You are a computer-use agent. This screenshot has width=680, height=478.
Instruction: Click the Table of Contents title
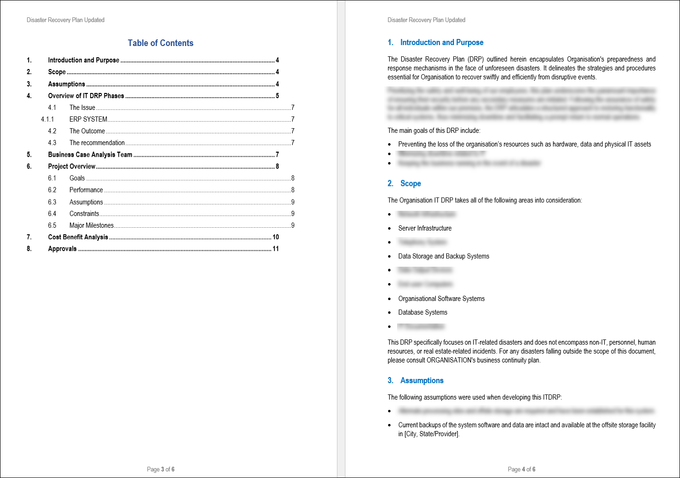tap(160, 43)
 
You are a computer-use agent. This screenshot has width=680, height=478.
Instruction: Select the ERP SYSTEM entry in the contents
tap(88, 119)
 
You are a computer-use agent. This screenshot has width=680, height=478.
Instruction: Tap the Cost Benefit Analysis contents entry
tap(78, 237)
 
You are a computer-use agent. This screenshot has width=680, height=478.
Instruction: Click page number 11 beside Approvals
tap(276, 249)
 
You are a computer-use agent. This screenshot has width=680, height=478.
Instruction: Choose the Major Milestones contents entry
tap(92, 225)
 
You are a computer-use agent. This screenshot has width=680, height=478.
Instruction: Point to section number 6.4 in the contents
tap(52, 214)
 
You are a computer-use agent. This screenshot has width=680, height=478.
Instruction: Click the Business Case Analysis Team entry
tap(90, 154)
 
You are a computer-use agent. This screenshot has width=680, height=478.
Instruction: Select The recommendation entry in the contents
tap(97, 143)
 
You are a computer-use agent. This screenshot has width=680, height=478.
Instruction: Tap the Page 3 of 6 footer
tap(161, 469)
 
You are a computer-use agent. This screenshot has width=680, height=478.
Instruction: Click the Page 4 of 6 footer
tap(522, 469)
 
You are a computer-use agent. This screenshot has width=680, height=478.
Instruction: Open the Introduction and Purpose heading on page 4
tap(442, 43)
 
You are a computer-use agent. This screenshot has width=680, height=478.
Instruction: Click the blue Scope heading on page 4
tap(410, 184)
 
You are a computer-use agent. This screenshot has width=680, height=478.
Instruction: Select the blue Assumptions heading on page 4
tap(422, 381)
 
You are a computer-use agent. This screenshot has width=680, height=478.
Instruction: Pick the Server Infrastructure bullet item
tap(425, 228)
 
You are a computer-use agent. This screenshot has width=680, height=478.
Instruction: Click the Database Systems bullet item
tap(422, 312)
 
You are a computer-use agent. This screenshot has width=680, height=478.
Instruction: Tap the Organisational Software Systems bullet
tap(441, 299)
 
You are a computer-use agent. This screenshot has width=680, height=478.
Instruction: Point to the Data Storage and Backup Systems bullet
tap(444, 256)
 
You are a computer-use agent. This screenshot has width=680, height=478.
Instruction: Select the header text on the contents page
tap(65, 20)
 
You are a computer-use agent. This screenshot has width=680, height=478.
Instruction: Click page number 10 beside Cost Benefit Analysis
tap(276, 237)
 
